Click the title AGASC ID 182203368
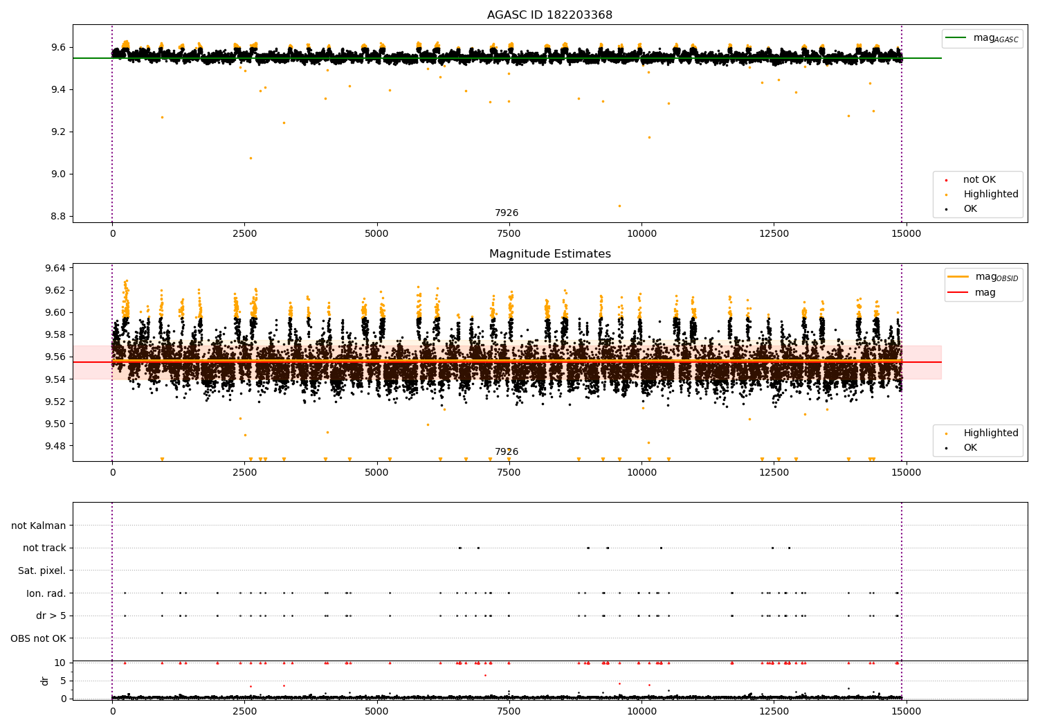pyautogui.click(x=549, y=15)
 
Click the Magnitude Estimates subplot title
pyautogui.click(x=550, y=253)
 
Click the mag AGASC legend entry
pyautogui.click(x=982, y=39)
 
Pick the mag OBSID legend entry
pyautogui.click(x=983, y=277)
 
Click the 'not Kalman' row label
pyautogui.click(x=39, y=526)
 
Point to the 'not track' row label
pyautogui.click(x=44, y=548)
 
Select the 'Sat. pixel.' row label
pyautogui.click(x=42, y=571)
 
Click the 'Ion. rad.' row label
pyautogui.click(x=46, y=593)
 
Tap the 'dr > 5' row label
pyautogui.click(x=51, y=616)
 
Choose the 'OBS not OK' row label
pyautogui.click(x=38, y=638)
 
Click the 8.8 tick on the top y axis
pyautogui.click(x=58, y=217)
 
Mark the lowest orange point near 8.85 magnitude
pyautogui.click(x=619, y=206)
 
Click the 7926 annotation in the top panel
pyautogui.click(x=507, y=213)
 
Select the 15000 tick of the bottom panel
pyautogui.click(x=906, y=712)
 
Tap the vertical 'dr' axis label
pyautogui.click(x=44, y=681)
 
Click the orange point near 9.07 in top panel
pyautogui.click(x=251, y=158)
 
